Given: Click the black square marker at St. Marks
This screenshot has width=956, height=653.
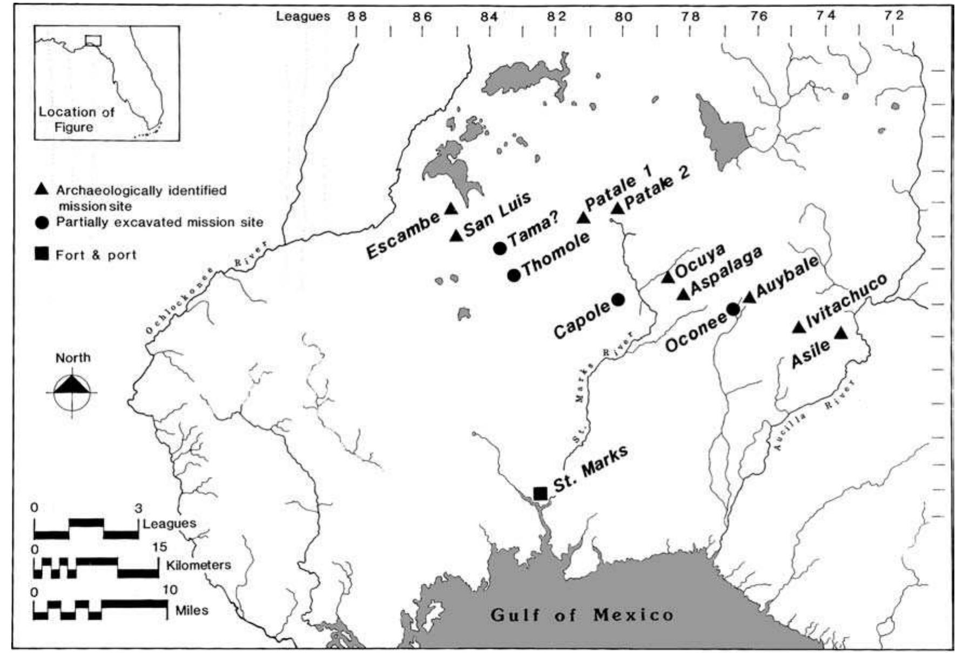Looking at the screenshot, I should [540, 493].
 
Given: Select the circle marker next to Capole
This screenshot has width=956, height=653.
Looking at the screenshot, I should [618, 299].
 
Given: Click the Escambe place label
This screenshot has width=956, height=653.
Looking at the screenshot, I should [402, 236].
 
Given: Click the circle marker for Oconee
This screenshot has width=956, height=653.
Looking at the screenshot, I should [732, 309].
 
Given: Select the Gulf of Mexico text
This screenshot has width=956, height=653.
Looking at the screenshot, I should [582, 615].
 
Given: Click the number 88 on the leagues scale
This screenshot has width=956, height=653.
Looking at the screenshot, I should [356, 16].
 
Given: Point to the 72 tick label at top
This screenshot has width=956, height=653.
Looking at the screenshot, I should [894, 16].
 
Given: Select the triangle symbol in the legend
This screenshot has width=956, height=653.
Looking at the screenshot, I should [42, 190].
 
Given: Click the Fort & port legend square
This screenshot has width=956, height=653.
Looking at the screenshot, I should [42, 254].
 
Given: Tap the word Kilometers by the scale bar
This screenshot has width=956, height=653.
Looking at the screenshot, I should [198, 565].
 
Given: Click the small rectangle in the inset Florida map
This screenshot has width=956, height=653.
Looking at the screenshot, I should [93, 41].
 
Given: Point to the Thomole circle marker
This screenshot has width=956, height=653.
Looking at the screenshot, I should [514, 274].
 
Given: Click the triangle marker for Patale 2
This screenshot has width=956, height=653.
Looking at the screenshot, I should [617, 207].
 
